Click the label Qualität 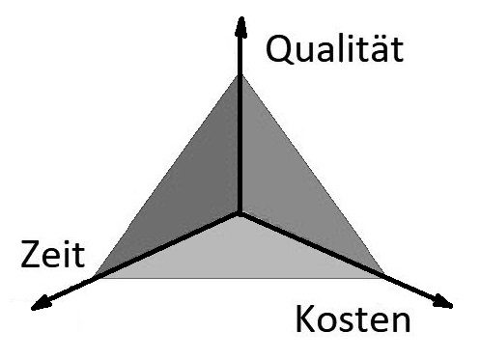[x=334, y=50]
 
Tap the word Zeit [x=52, y=255]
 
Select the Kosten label [x=353, y=318]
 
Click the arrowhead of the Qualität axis [x=240, y=27]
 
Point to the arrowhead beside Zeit [x=42, y=304]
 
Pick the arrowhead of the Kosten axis [x=442, y=302]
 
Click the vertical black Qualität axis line [x=240, y=115]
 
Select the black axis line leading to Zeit [x=135, y=262]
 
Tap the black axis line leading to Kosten [x=347, y=260]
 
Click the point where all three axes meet [x=240, y=213]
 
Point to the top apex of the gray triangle [x=240, y=75]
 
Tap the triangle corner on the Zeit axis [x=97, y=278]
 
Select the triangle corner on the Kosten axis [x=384, y=276]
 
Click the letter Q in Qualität [x=280, y=50]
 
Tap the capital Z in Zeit [x=31, y=255]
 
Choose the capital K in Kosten [x=305, y=318]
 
